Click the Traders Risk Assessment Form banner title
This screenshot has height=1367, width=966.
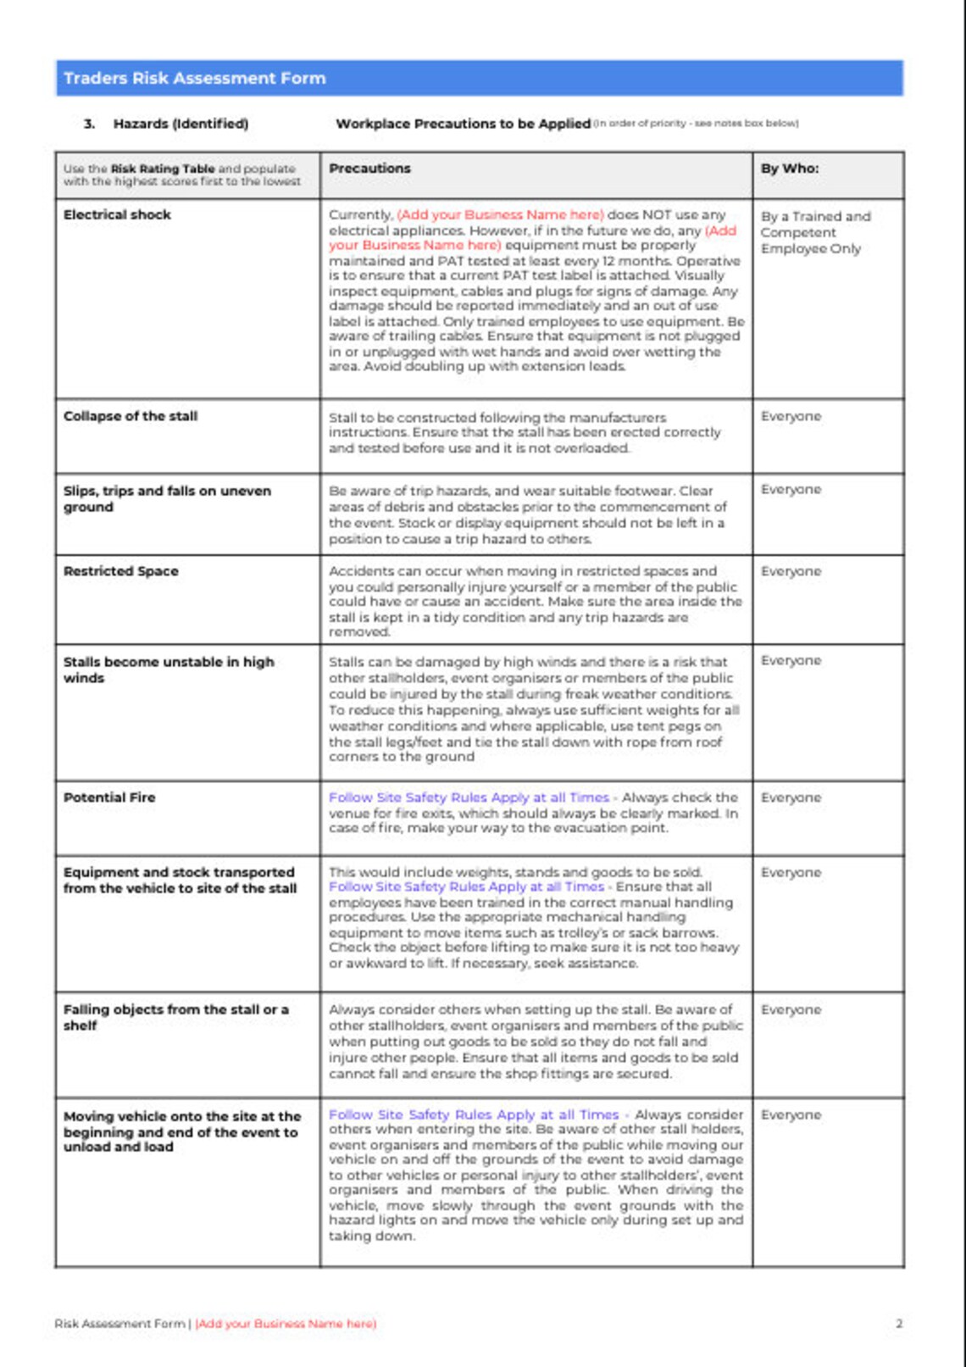194,78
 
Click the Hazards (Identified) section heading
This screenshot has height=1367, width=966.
180,124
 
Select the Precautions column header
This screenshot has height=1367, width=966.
369,169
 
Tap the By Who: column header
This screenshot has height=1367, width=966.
789,169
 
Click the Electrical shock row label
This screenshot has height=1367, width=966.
117,215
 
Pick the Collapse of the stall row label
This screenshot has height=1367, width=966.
130,416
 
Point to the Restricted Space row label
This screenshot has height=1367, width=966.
121,571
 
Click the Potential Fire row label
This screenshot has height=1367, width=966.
109,797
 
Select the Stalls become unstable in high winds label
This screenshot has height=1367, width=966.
169,670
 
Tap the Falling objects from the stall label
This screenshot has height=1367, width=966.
175,1017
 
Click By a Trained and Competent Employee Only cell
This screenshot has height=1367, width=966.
814,232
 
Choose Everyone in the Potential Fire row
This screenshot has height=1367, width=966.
791,797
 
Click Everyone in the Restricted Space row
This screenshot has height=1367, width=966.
791,571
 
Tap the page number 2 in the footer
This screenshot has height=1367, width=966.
899,1323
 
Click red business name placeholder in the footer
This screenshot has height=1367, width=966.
286,1323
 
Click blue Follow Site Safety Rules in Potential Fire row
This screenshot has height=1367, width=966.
468,797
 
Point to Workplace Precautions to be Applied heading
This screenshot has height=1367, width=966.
463,124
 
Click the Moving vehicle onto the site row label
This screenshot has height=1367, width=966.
181,1131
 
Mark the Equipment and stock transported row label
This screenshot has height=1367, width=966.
180,880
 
